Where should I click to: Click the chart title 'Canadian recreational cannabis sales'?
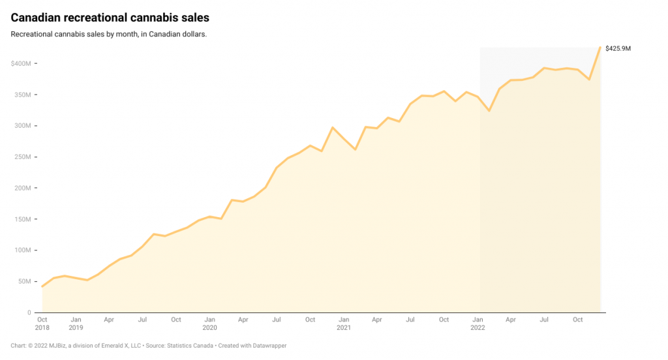tap(110, 17)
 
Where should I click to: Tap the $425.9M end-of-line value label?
tap(618, 48)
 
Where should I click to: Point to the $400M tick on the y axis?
tap(21, 63)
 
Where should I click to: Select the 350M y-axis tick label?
tap(22, 95)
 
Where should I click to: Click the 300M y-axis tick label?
tap(22, 126)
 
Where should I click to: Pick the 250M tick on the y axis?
tap(22, 157)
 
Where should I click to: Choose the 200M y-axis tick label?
tap(22, 188)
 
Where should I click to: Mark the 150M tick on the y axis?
tap(22, 219)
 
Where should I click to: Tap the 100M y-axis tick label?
tap(22, 250)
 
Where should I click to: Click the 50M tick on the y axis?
tap(23, 282)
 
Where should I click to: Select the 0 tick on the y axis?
tap(29, 312)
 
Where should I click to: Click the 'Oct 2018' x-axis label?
tap(42, 323)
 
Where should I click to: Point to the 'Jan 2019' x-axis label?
tap(76, 323)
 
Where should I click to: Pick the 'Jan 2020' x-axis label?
tap(209, 323)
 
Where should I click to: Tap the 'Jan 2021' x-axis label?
tap(343, 323)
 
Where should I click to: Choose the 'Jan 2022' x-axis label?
tap(478, 323)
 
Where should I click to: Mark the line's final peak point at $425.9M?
tap(600, 47)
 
